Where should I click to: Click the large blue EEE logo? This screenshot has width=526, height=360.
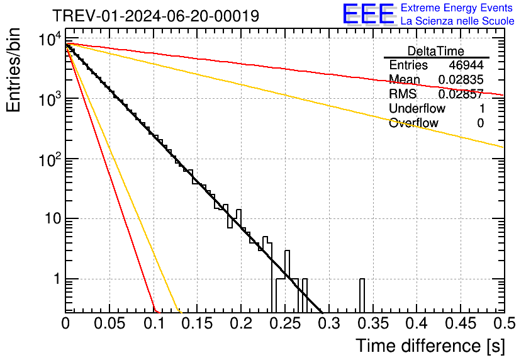[x=368, y=14]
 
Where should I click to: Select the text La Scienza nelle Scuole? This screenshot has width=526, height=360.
[x=457, y=21]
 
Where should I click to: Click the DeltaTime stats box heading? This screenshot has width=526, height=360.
[x=435, y=51]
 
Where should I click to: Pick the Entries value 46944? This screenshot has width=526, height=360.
[x=466, y=65]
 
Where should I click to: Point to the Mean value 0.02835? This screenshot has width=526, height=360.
[x=461, y=80]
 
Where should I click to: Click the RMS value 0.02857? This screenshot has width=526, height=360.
[x=461, y=94]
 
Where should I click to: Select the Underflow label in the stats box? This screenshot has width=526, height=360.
[x=417, y=109]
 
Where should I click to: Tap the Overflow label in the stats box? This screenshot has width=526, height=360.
[x=413, y=123]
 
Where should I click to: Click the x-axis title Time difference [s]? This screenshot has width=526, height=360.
[x=430, y=346]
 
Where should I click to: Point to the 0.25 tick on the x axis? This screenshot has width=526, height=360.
[x=285, y=323]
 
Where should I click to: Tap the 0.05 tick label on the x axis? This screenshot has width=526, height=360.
[x=109, y=323]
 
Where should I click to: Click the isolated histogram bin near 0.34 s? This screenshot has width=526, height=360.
[x=362, y=295]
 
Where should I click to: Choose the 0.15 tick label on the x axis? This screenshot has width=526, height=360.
[x=198, y=323]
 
